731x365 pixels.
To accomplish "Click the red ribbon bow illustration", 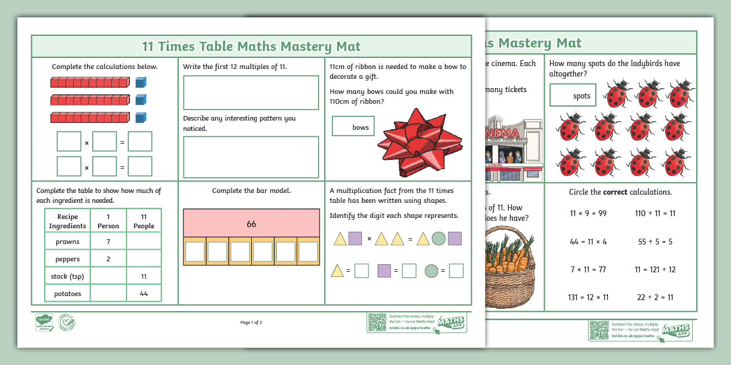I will pyautogui.click(x=419, y=143).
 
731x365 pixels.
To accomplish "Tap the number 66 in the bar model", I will pyautogui.click(x=251, y=224).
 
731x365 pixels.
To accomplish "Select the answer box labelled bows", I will pyautogui.click(x=353, y=126).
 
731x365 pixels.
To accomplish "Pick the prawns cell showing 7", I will pyautogui.click(x=108, y=242).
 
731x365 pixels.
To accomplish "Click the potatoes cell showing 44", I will pyautogui.click(x=144, y=294).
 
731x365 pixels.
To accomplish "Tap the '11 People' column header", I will pyautogui.click(x=144, y=221).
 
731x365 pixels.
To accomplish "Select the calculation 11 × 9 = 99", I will pyautogui.click(x=588, y=213).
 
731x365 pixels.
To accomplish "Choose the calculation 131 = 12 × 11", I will pyautogui.click(x=588, y=297).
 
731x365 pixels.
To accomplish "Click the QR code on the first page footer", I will pyautogui.click(x=377, y=322).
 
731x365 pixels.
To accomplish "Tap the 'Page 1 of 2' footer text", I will pyautogui.click(x=251, y=323).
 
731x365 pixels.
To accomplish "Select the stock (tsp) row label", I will pyautogui.click(x=67, y=276).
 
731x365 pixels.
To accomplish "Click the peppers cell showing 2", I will pyautogui.click(x=108, y=259).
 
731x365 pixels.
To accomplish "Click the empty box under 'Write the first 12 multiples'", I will pyautogui.click(x=251, y=93).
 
